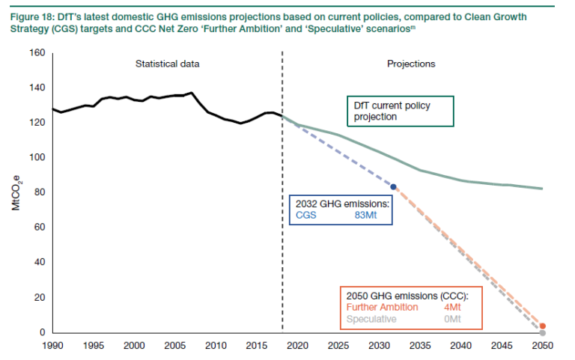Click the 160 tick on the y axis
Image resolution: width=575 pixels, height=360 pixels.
point(38,53)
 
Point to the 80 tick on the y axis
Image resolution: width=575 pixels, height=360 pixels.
point(40,192)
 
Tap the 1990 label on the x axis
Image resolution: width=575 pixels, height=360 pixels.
point(52,346)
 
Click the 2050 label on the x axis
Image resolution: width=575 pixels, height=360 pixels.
point(542,346)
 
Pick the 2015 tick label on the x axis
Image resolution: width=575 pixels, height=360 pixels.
point(256,346)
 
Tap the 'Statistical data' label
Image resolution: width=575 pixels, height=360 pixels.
point(167,64)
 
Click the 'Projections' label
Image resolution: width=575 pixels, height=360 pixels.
point(411,64)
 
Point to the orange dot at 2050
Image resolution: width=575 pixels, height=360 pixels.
point(543,326)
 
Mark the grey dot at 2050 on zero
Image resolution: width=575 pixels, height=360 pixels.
point(543,332)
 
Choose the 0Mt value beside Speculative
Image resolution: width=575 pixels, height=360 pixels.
point(453,319)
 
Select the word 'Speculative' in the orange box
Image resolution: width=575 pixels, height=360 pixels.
point(371,319)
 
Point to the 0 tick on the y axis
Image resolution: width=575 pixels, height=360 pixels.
point(43,332)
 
